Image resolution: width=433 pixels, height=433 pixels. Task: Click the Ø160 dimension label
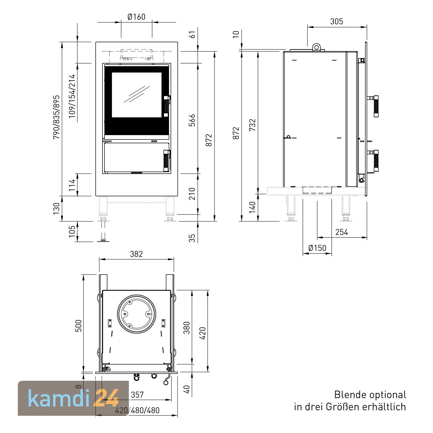tap(136, 17)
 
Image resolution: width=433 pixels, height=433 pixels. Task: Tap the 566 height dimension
tap(192, 120)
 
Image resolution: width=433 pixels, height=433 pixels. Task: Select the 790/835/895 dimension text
tap(56, 117)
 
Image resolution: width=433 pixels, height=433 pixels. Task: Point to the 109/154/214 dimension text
tap(72, 96)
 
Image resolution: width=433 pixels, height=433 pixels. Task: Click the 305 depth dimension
tap(337, 21)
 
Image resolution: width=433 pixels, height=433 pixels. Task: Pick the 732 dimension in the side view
tap(252, 125)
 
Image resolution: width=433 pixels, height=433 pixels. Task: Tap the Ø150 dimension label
tap(317, 248)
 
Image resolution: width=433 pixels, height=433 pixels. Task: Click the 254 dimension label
tap(342, 232)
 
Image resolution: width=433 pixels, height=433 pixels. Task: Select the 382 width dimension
tap(136, 254)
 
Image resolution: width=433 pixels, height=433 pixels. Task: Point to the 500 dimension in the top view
tap(79, 325)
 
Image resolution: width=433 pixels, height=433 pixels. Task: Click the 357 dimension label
tap(137, 395)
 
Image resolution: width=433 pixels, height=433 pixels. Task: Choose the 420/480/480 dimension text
tap(137, 410)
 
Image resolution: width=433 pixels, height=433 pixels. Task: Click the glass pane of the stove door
tap(137, 95)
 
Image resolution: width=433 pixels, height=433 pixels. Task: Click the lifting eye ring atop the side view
tap(317, 47)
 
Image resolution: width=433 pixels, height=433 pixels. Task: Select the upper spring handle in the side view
tap(376, 106)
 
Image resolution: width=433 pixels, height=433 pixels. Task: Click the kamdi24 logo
tap(73, 398)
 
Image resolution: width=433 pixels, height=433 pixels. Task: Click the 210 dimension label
tap(192, 194)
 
